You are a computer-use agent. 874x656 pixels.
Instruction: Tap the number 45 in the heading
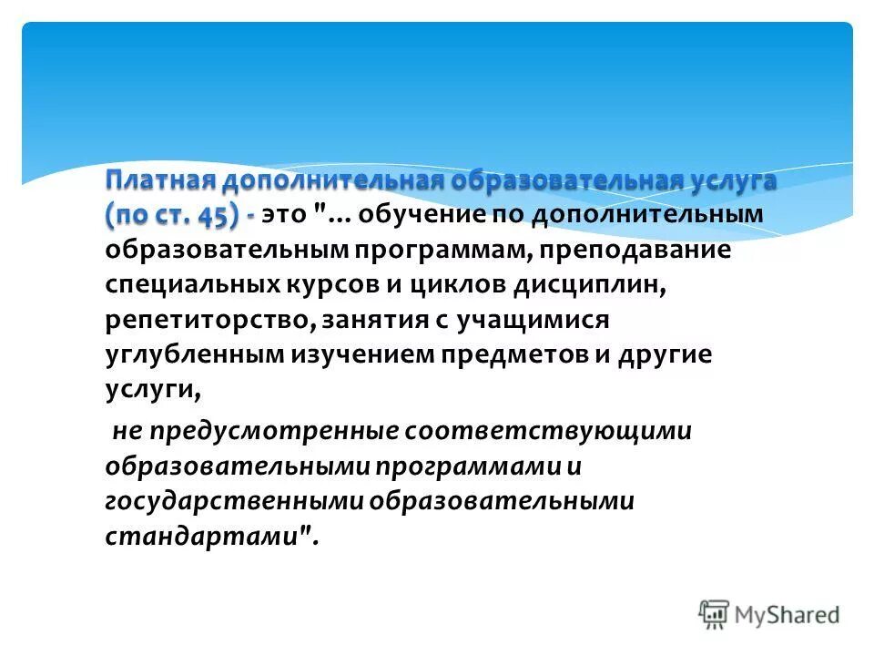(220, 214)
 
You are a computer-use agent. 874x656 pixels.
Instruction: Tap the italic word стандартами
(216, 537)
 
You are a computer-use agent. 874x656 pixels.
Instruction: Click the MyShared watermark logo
(770, 613)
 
